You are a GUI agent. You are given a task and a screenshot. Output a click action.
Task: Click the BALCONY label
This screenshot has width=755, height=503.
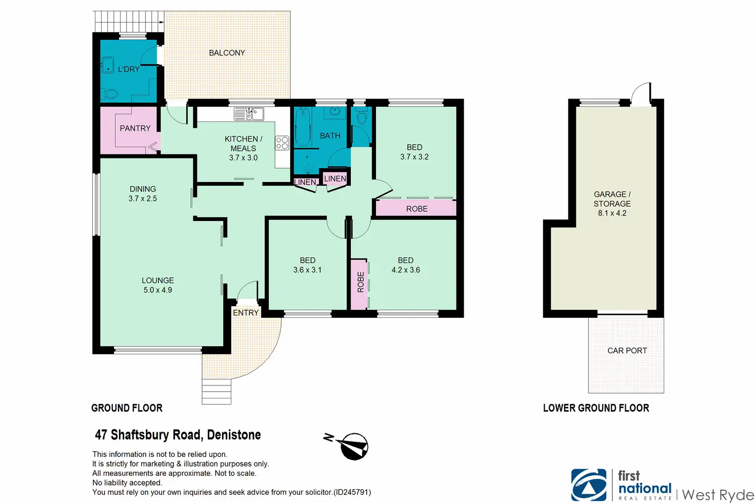(227, 53)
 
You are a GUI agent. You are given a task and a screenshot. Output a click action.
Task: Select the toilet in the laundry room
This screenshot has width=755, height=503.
(109, 94)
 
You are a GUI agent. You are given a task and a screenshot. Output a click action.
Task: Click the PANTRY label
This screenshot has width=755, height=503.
(135, 128)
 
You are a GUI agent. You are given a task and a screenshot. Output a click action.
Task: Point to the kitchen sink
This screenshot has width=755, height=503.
(249, 113)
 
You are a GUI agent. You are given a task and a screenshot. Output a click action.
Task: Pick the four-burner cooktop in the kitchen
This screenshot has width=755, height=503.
(282, 143)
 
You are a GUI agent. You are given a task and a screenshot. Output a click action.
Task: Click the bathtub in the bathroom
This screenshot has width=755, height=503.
(303, 127)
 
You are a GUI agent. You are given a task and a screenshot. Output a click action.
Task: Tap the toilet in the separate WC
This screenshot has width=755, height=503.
(361, 115)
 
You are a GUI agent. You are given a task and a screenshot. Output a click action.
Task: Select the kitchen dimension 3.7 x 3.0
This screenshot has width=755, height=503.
(243, 158)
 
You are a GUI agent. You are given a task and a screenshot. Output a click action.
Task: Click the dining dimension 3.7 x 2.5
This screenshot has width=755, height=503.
(143, 198)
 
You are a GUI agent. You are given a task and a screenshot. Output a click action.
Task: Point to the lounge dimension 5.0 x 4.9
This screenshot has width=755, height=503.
(158, 290)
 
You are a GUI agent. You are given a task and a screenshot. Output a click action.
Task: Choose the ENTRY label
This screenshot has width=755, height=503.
(246, 313)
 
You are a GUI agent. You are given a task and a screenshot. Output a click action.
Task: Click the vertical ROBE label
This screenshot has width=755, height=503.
(361, 283)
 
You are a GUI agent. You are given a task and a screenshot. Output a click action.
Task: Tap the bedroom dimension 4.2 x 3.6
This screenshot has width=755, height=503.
(406, 270)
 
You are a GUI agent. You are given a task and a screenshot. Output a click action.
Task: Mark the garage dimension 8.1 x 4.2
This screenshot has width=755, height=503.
(612, 213)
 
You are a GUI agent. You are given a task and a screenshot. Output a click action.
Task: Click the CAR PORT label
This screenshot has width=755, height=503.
(627, 351)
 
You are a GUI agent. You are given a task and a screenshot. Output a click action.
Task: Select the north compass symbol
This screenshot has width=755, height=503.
(347, 446)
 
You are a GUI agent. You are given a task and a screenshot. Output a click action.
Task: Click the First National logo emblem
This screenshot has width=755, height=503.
(588, 485)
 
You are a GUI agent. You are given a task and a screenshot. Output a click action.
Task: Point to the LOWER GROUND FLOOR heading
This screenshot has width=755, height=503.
(596, 408)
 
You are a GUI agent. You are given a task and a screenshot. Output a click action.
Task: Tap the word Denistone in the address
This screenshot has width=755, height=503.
(234, 435)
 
